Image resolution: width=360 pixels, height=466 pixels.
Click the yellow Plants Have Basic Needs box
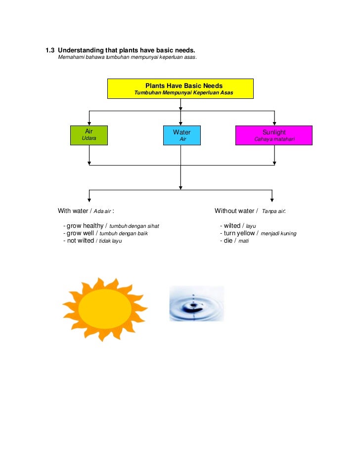pos(180,88)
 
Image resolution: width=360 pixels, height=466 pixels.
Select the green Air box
pos(89,135)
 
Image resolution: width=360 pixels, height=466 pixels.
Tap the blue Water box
pos(181,135)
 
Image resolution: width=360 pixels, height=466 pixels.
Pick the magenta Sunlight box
pos(274,135)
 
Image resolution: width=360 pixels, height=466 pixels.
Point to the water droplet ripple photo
pos(196,303)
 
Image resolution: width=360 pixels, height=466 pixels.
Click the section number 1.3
pos(49,50)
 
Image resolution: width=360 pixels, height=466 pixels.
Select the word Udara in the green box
pos(89,138)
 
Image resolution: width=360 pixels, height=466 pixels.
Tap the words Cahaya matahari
pos(274,139)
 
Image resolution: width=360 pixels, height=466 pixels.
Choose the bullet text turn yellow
pos(239,233)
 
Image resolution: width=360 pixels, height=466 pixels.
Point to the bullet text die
pos(228,241)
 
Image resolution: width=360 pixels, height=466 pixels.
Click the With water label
pos(73,211)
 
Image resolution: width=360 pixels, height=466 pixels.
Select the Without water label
pos(234,211)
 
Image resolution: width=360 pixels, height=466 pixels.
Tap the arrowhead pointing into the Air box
pos(89,123)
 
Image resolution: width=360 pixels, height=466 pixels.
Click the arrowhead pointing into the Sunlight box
pos(274,123)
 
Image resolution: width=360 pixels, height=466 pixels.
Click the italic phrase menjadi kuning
pos(278,234)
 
